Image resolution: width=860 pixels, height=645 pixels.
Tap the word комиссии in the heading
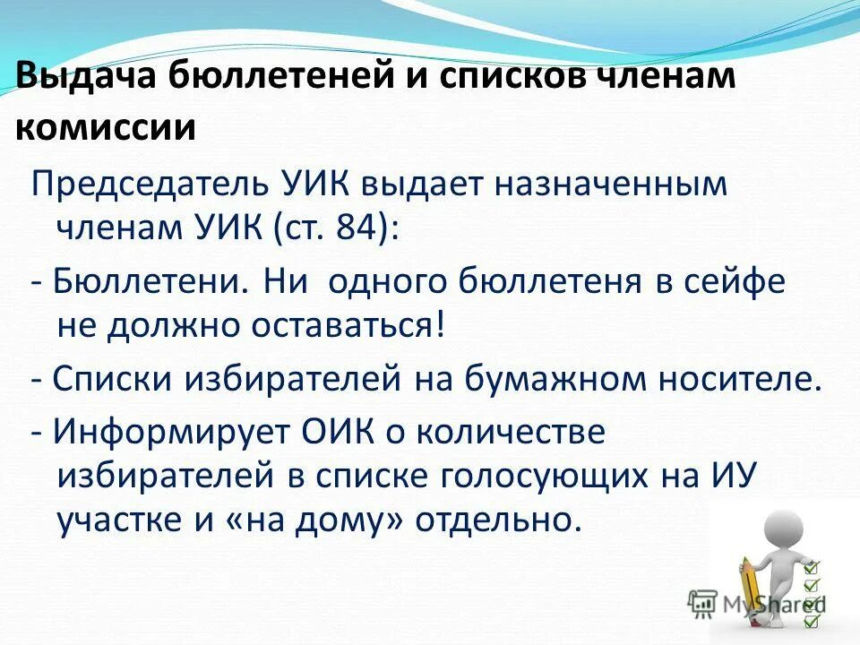pyautogui.click(x=106, y=128)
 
